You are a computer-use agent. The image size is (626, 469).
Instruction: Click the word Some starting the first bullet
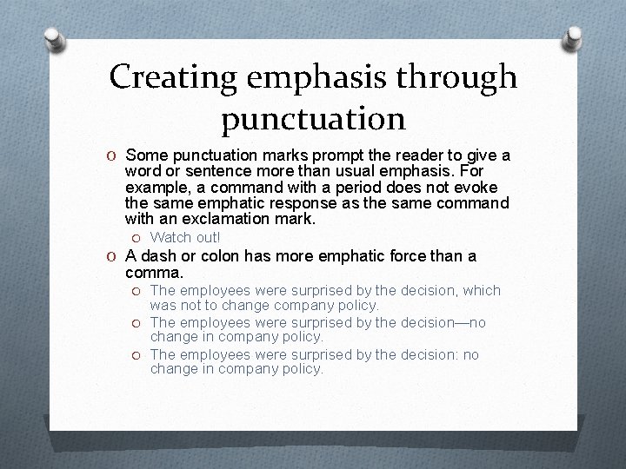[147, 155]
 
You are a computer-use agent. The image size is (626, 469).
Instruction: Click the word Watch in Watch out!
[170, 237]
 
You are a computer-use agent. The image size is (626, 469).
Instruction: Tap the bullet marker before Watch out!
[137, 238]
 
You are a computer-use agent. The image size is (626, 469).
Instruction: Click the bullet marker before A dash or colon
[113, 257]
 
